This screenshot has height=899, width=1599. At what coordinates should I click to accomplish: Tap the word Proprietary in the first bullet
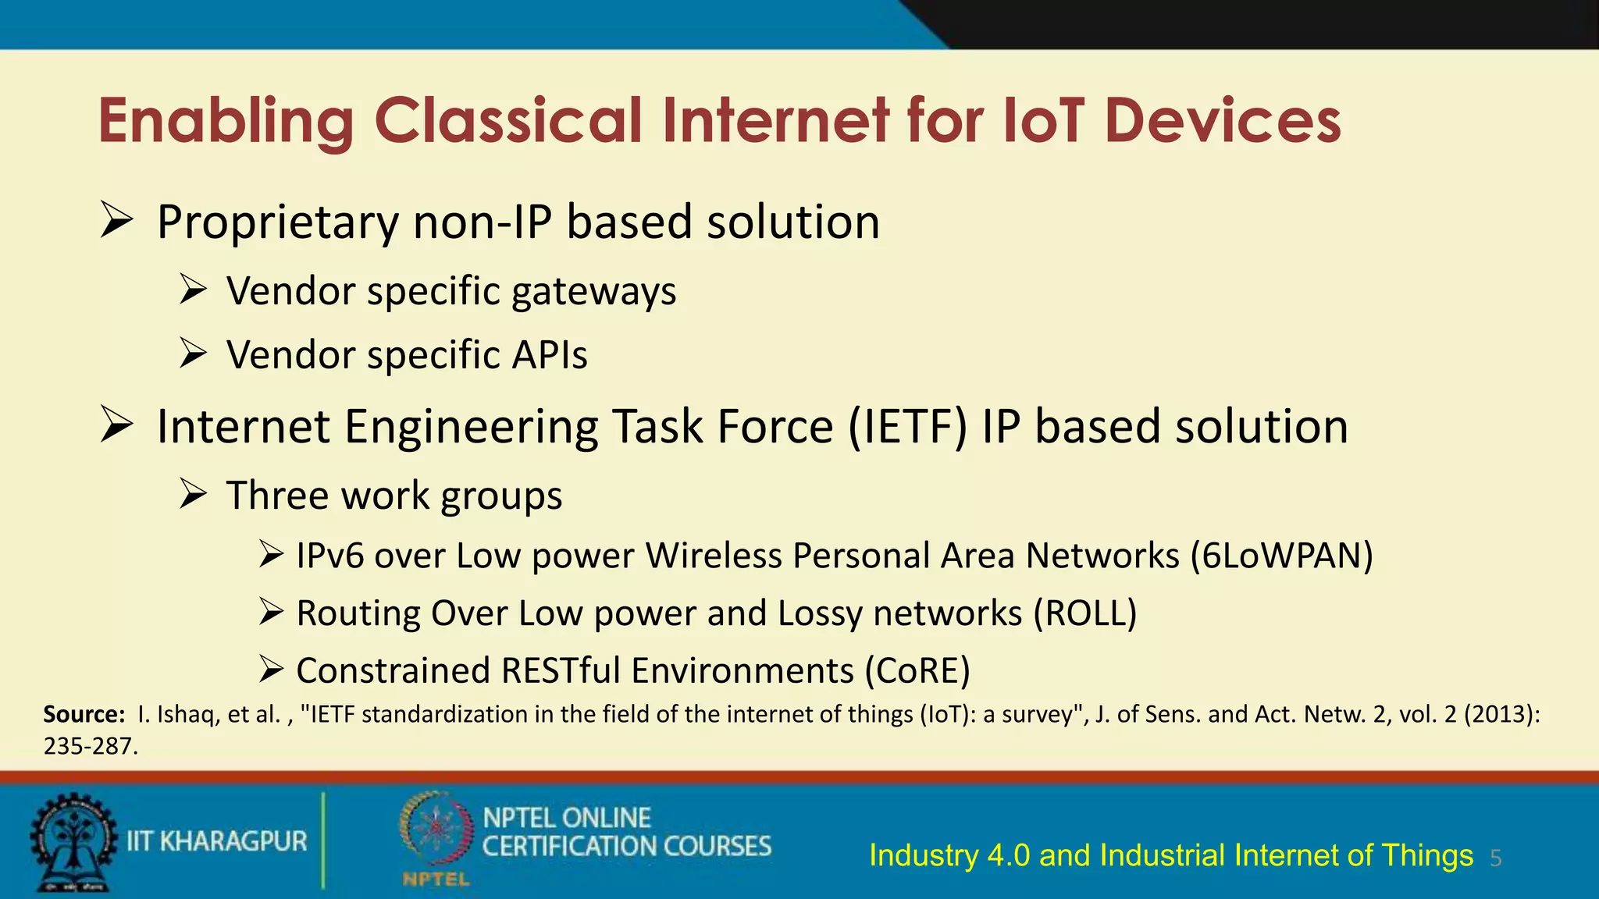point(277,222)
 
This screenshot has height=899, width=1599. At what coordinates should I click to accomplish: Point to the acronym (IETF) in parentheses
point(907,427)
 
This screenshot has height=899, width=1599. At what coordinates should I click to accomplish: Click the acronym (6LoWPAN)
point(1281,556)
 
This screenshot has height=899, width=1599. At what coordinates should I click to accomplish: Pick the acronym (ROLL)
point(1084,613)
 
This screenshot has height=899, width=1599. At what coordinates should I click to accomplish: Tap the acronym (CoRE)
point(917,671)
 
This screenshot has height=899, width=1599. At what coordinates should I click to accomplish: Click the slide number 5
point(1495,859)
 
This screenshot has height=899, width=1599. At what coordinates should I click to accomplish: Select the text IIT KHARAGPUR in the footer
point(217,841)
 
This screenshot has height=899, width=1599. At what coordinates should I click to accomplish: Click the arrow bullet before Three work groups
point(192,495)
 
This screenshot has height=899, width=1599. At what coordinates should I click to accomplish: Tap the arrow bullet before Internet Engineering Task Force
point(116,426)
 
